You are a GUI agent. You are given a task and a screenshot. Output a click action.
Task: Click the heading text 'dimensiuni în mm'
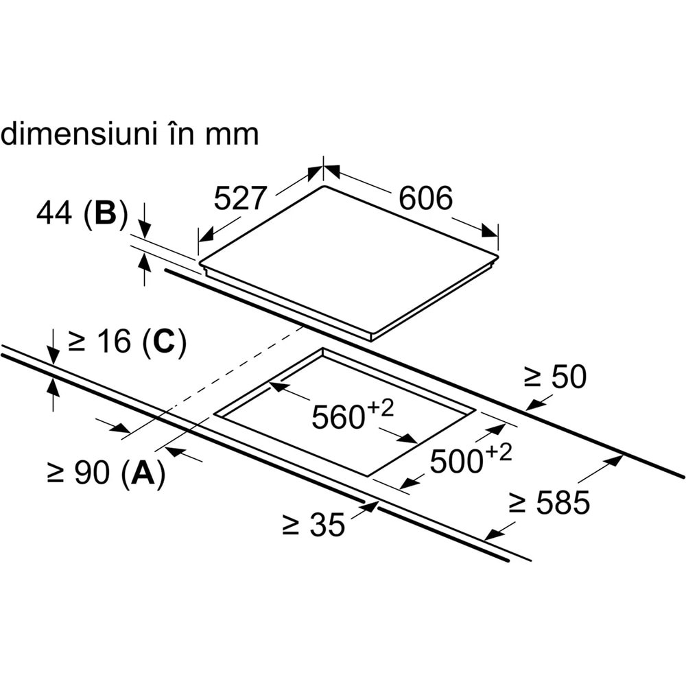pyautogui.click(x=130, y=134)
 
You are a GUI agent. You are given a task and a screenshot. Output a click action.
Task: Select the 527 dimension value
pyautogui.click(x=239, y=199)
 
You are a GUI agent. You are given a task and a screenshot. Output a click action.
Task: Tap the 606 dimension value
pyautogui.click(x=426, y=198)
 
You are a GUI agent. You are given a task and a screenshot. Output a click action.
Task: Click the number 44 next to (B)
pyautogui.click(x=54, y=215)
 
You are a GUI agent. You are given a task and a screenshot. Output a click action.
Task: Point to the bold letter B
pyautogui.click(x=106, y=215)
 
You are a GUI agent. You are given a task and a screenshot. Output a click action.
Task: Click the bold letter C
pyautogui.click(x=164, y=342)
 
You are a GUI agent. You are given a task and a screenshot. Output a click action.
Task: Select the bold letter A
pyautogui.click(x=143, y=473)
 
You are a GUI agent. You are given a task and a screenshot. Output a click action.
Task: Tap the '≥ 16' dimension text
pyautogui.click(x=101, y=342)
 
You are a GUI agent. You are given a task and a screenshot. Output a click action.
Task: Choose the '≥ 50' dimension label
pyautogui.click(x=556, y=377)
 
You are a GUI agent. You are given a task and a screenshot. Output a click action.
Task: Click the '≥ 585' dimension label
pyautogui.click(x=549, y=504)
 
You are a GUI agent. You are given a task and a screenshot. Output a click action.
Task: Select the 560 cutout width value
pyautogui.click(x=337, y=416)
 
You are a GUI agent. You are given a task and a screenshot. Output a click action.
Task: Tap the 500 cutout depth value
pyautogui.click(x=455, y=462)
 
